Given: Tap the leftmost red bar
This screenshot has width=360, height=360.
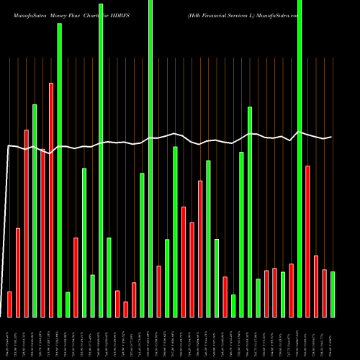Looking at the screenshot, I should [9, 304].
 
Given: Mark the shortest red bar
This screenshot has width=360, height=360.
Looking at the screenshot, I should [125, 309].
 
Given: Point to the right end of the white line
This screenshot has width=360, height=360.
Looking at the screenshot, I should [331, 137].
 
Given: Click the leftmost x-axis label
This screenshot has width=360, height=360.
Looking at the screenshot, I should [9, 338].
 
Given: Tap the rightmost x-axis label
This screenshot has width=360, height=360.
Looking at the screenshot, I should [332, 338].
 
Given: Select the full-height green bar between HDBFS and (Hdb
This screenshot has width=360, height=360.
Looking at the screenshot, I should [150, 158].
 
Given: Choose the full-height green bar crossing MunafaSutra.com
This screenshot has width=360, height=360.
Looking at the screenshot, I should [300, 158].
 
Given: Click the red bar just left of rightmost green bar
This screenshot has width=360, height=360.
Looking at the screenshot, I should [324, 293].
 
